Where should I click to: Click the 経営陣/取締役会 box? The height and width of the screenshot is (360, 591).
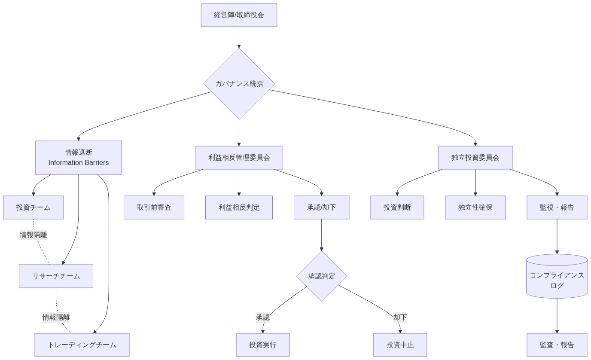pos(239,15)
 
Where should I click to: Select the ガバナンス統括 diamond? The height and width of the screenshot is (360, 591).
pos(239,84)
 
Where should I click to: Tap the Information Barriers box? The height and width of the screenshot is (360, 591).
pos(79,158)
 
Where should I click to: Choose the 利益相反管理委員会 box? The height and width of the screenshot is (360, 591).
pos(239,158)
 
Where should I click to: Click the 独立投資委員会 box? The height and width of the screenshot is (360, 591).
pos(475,158)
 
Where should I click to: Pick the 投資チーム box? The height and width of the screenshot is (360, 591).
pos(34,207)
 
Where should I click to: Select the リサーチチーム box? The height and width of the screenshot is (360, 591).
pos(56,276)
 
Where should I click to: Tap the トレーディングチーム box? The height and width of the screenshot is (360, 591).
pos(82,345)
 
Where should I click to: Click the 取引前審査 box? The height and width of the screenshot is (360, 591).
pos(154,207)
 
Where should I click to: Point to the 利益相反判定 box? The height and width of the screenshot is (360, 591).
pos(239,207)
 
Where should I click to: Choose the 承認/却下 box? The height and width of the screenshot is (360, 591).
pos(321,207)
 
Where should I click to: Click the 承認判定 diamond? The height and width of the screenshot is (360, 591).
pos(321,276)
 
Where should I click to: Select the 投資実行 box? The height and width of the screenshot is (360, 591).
pos(263,345)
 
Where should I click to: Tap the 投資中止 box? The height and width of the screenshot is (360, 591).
pos(400,345)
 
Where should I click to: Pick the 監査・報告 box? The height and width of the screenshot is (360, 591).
pos(557,345)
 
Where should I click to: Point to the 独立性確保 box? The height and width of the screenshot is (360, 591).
pos(475,207)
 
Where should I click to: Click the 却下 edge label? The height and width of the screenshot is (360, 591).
pos(400,317)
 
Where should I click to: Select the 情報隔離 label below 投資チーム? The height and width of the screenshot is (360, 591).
pos(34,235)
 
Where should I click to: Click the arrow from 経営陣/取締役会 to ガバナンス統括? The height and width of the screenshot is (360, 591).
pos(239,37)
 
